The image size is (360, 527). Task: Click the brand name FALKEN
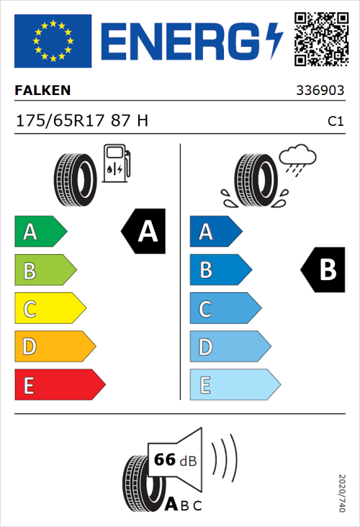[43, 91]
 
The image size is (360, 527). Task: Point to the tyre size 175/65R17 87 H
[82, 120]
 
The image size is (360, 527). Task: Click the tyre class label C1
[335, 122]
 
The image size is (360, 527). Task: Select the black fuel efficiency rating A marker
[144, 231]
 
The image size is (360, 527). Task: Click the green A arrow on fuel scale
[40, 232]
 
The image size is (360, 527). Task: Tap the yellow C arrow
[49, 309]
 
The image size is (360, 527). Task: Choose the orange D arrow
[54, 348]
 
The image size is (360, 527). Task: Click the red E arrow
[59, 386]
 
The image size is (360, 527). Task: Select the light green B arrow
[45, 271]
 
